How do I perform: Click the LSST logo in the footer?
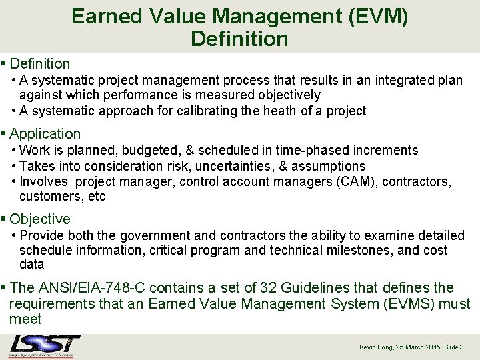tap(45, 345)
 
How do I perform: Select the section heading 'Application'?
tap(45, 133)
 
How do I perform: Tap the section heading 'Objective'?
tap(40, 219)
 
